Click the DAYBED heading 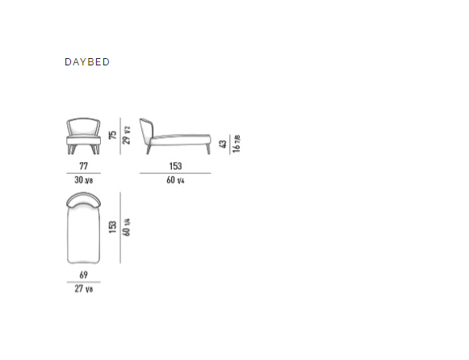tap(87, 62)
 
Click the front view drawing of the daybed tap(83, 136)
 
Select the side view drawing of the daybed tap(175, 136)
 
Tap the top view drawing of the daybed tap(83, 228)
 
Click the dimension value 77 tap(83, 166)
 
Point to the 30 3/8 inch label tap(83, 180)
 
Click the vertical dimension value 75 tap(113, 135)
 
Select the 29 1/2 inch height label tap(127, 135)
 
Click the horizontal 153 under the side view tap(175, 166)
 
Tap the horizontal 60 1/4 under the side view tap(175, 180)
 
